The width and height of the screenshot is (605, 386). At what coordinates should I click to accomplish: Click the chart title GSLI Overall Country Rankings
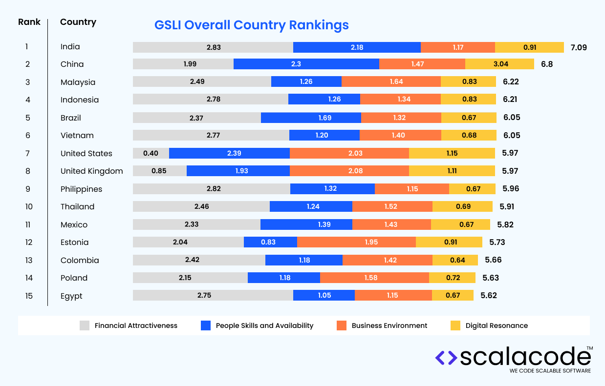pos(251,25)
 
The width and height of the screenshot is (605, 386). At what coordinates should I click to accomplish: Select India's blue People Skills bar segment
pos(357,47)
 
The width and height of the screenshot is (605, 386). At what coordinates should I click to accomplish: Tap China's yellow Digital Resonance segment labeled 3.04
pos(499,64)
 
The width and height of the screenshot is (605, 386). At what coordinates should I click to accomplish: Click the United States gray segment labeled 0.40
pos(151,153)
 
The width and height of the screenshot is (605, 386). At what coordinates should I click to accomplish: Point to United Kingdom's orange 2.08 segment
pos(349,171)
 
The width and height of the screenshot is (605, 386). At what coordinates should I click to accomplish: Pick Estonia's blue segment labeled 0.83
pos(270,242)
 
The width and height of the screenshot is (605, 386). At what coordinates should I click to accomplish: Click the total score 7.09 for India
pos(578,47)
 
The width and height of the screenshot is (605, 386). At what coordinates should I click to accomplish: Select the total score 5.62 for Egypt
pos(489,295)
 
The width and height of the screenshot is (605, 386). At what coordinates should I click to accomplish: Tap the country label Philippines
pos(81,189)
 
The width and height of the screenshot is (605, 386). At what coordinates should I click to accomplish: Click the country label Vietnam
pos(77,135)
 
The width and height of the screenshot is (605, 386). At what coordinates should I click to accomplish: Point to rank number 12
pos(29,242)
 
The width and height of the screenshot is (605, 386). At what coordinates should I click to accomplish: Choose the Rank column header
pos(29,22)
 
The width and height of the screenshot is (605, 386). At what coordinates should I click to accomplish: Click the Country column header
pos(78,22)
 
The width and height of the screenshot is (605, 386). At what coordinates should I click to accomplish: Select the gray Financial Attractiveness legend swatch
pos(85,325)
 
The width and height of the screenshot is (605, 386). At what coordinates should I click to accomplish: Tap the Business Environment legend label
pos(389,325)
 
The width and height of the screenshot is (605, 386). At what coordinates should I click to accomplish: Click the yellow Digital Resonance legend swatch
pos(455,325)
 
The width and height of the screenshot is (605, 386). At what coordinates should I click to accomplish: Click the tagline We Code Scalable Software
pos(550,371)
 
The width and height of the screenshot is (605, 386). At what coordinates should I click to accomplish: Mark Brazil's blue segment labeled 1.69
pos(311,118)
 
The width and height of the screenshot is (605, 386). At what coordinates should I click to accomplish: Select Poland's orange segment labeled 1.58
pos(374,278)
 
